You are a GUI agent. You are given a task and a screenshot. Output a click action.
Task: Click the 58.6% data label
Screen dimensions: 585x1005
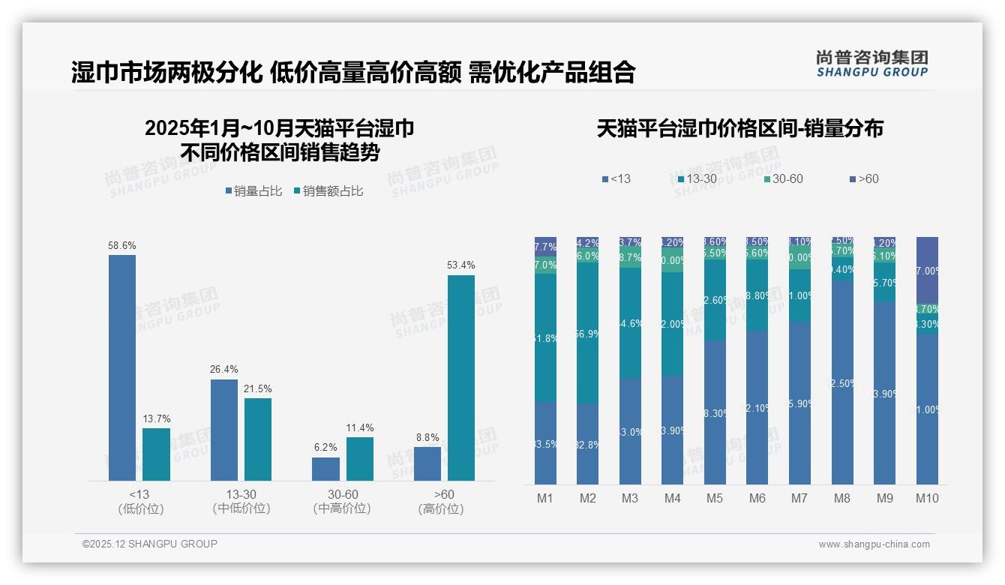click(122, 246)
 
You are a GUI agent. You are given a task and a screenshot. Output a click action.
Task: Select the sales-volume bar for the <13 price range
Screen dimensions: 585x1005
click(122, 367)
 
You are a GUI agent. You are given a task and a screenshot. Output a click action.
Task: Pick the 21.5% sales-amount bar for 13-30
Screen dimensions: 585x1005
click(258, 439)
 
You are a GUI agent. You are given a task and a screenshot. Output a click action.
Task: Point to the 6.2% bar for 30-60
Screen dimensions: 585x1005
click(325, 469)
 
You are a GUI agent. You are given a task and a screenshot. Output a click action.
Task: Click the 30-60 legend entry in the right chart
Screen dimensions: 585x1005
click(784, 179)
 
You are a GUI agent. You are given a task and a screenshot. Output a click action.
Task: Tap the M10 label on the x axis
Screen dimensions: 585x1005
click(927, 498)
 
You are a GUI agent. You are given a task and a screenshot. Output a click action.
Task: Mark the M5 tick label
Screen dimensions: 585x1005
click(715, 498)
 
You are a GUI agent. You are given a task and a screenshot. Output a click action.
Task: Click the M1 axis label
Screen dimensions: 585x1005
click(545, 498)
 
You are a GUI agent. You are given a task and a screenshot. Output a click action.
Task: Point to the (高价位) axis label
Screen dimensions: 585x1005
click(440, 509)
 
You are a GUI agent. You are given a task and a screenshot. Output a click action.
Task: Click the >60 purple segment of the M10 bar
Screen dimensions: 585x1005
click(928, 270)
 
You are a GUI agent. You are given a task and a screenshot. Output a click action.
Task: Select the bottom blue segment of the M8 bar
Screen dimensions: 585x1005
click(843, 382)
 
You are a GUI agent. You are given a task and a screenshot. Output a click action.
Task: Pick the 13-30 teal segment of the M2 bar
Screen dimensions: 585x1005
click(588, 333)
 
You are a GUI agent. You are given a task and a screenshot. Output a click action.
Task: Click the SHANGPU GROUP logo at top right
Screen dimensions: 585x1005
click(871, 63)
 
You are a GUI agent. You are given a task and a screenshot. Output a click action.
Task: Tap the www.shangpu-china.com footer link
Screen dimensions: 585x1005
click(874, 544)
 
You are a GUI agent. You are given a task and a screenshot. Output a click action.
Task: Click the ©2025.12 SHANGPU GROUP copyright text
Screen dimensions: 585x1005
click(150, 544)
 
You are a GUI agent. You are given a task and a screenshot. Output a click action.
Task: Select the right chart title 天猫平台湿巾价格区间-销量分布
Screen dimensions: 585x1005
click(739, 129)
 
